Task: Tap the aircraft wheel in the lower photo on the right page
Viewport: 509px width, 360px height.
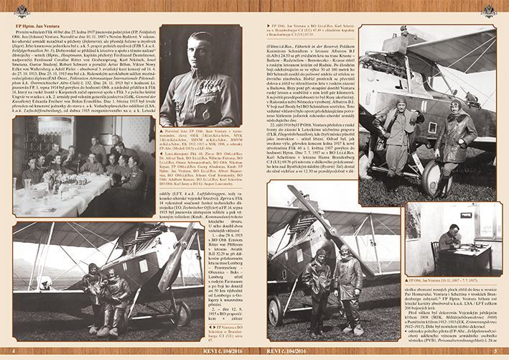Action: [274, 311]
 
